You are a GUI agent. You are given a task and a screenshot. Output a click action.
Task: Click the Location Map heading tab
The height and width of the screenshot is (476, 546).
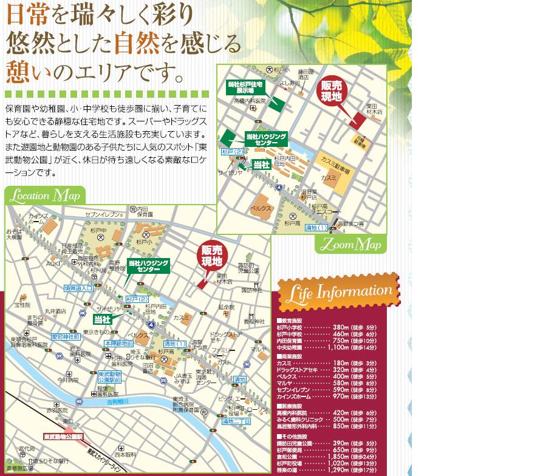[x=45, y=196]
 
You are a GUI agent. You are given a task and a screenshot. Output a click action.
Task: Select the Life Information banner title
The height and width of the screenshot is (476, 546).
[x=338, y=293]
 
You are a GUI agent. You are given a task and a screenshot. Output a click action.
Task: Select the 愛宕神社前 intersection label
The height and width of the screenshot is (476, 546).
[x=65, y=336]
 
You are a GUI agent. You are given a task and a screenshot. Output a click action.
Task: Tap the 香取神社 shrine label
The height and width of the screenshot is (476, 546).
[x=254, y=321]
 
